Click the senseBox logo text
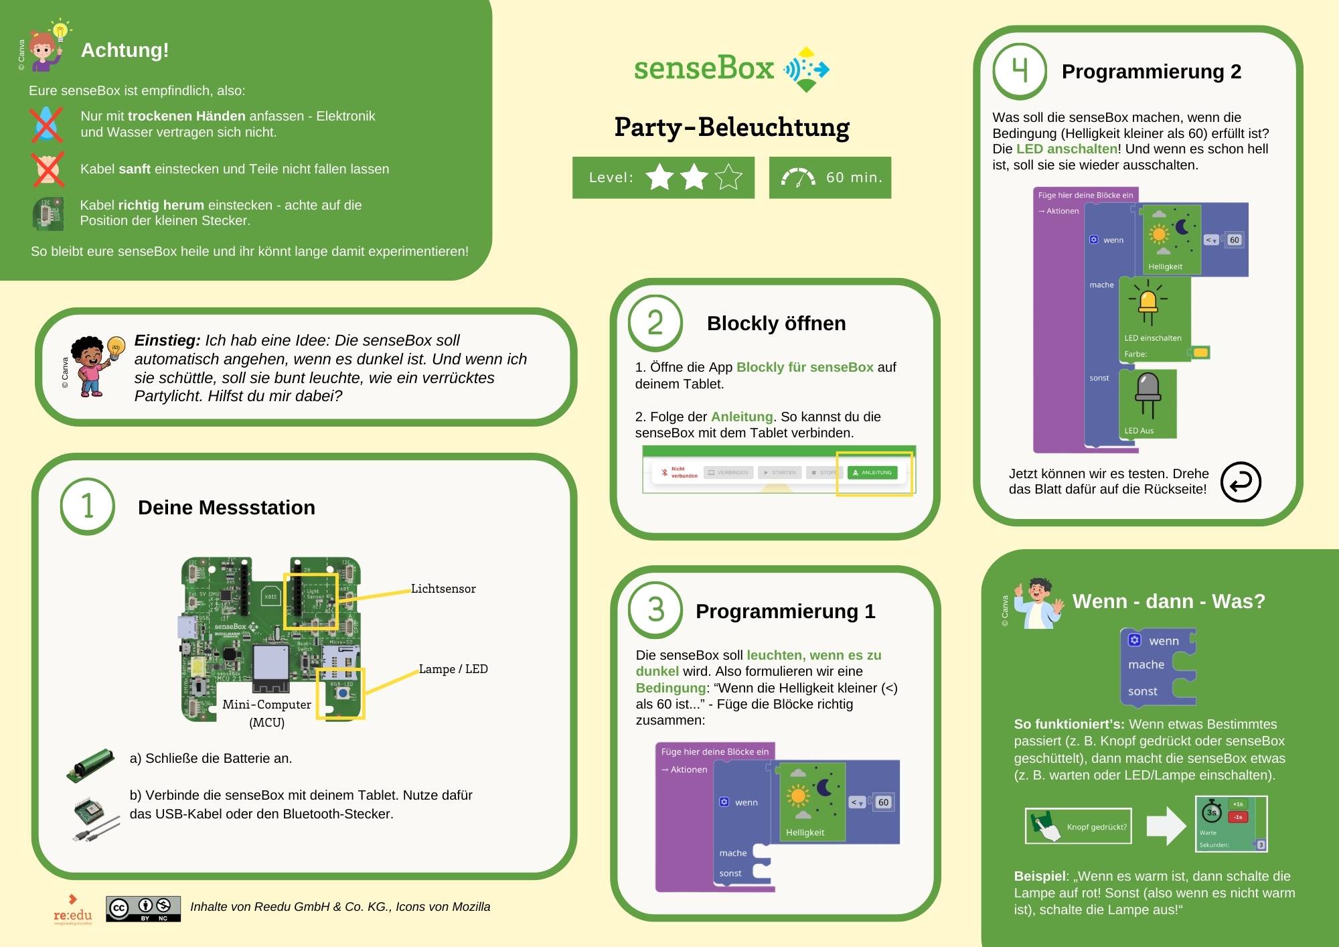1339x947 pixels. point(704,68)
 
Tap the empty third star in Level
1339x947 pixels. point(728,177)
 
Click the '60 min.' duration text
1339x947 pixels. point(854,177)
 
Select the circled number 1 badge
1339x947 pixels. point(88,506)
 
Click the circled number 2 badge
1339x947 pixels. point(655,323)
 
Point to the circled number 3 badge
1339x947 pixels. point(655,610)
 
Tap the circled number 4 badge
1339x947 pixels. point(1019,71)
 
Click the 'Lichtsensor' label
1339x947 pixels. point(443,589)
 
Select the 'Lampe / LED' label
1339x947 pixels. point(453,669)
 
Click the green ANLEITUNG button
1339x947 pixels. point(872,473)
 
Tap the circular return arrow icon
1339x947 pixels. point(1241,482)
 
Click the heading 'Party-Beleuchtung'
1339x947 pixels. point(732,127)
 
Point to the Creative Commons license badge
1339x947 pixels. point(143,909)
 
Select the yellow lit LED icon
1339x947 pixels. point(1148,303)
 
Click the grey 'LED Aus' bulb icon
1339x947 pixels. point(1148,395)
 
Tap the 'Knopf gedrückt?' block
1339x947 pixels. point(1079,826)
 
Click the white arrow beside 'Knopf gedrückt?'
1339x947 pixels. point(1166,826)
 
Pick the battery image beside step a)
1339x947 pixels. point(90,766)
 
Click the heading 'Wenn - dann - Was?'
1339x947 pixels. point(1168,601)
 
